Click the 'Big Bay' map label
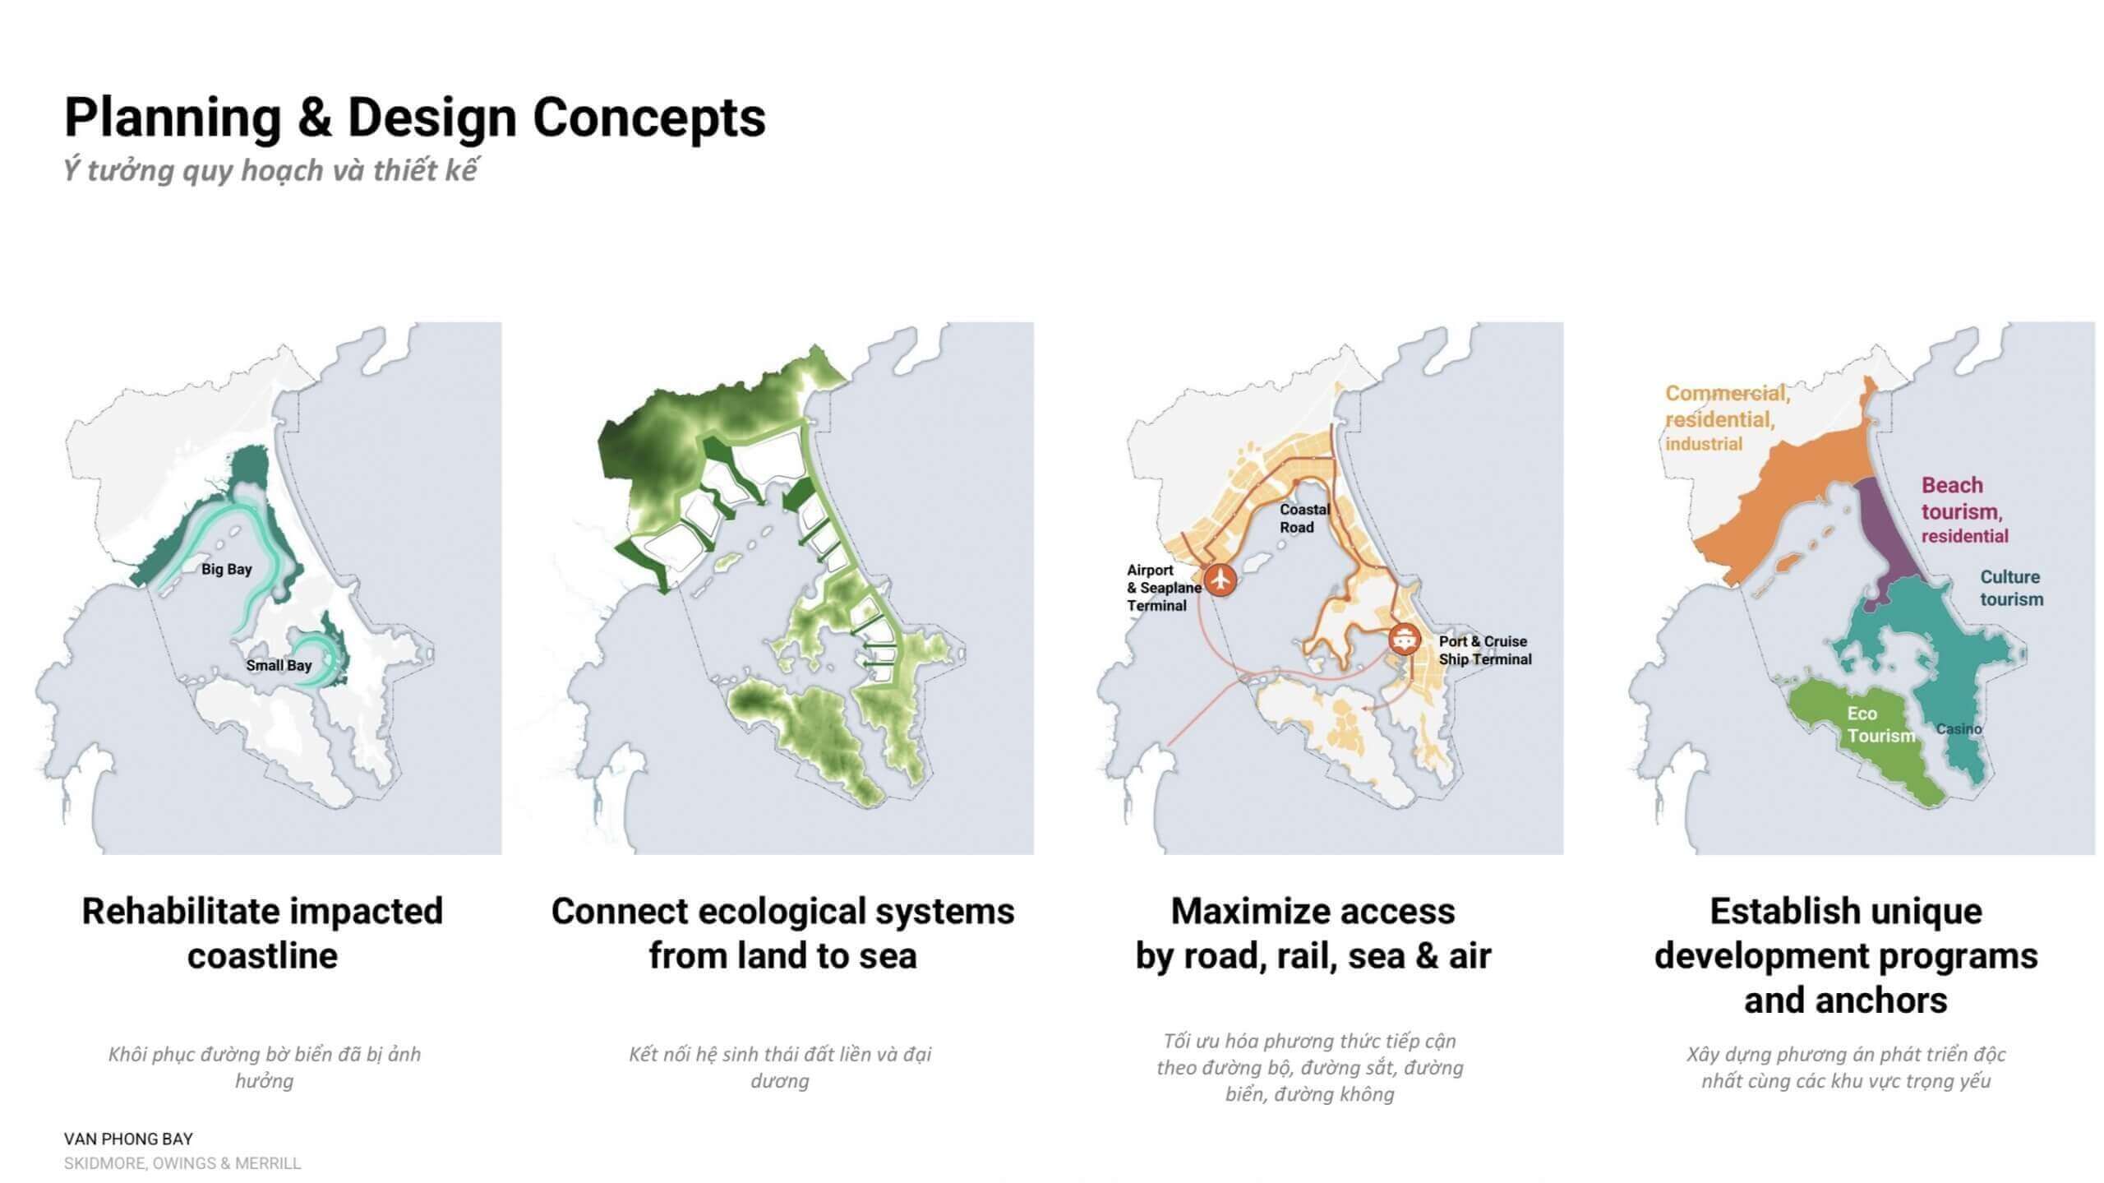click(227, 569)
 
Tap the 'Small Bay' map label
click(279, 665)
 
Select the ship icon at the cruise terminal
click(1405, 639)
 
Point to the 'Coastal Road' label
click(1304, 518)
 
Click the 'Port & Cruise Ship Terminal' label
click(1485, 650)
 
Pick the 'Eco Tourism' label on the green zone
click(1880, 725)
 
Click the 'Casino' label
click(1959, 729)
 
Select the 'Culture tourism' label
click(2011, 588)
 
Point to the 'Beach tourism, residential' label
click(1964, 510)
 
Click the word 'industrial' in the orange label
click(1704, 444)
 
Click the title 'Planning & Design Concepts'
click(415, 117)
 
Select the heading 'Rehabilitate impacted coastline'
click(262, 933)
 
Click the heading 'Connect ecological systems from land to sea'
click(782, 933)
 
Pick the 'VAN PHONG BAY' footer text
click(128, 1139)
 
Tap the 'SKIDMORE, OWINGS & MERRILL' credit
click(182, 1163)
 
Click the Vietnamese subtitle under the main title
click(270, 170)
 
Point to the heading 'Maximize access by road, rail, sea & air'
click(1313, 933)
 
